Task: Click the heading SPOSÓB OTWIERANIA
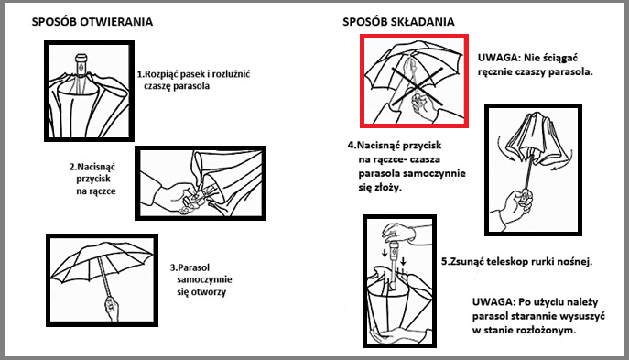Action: [92, 22]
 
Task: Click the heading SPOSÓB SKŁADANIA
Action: [398, 22]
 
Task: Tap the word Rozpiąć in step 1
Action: [161, 74]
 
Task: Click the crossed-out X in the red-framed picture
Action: [418, 87]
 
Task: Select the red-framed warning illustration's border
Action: [362, 81]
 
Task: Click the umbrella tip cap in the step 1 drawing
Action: [81, 59]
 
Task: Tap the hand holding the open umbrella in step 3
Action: [112, 308]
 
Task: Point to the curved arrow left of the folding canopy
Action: [502, 148]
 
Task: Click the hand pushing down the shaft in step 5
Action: [398, 232]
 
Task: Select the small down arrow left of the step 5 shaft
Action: [385, 253]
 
